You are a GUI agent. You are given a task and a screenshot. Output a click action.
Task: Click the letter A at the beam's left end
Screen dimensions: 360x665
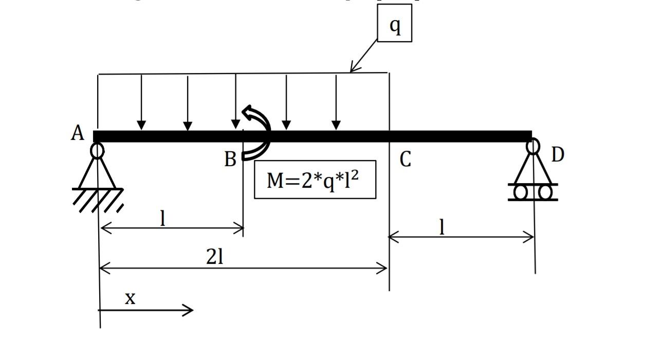point(77,133)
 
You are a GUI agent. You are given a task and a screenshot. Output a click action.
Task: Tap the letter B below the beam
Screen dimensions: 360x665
point(230,160)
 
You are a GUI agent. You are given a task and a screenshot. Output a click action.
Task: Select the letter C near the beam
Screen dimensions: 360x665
point(405,160)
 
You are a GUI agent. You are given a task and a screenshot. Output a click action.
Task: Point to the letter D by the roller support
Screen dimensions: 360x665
point(558,155)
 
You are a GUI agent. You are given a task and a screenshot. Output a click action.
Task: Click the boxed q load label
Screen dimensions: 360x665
point(395,24)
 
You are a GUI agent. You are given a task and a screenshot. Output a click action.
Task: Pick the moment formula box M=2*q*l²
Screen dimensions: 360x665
point(315,180)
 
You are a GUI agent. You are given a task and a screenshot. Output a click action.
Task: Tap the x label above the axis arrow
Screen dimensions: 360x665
point(131,298)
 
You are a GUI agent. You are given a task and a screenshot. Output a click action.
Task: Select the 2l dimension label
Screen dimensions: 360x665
point(215,257)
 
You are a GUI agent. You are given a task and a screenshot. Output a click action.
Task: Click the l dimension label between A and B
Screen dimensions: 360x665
point(163,219)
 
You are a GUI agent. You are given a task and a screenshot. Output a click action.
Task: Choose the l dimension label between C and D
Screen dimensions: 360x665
point(441,227)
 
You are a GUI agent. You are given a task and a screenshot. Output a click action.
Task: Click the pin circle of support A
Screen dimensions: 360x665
point(97,151)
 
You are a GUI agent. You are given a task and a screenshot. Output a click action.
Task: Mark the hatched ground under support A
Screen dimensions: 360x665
point(98,200)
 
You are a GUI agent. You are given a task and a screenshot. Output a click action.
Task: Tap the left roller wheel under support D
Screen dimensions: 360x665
point(521,192)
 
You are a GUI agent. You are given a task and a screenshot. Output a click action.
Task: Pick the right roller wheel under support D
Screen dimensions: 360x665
point(545,192)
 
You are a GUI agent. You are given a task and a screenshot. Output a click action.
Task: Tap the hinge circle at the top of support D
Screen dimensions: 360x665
point(533,147)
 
